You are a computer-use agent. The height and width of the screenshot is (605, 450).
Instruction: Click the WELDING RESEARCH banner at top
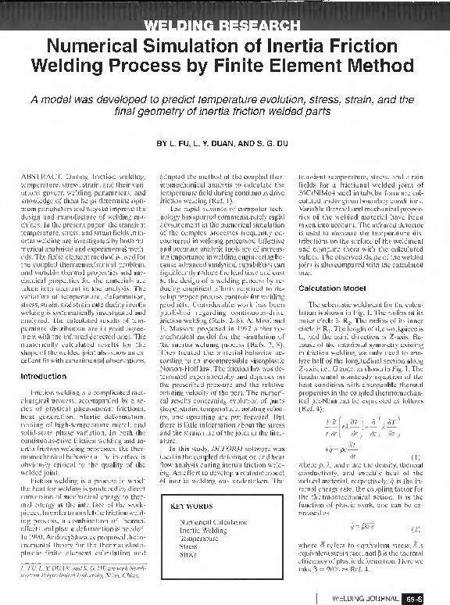point(224,29)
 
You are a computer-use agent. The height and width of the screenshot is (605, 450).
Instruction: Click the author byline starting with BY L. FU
point(224,145)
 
